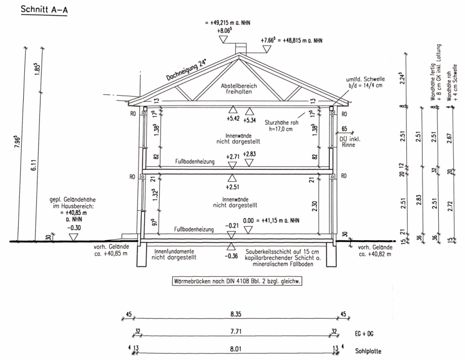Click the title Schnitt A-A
(x=44, y=10)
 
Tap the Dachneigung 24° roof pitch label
(x=185, y=70)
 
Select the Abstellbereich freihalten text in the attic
(x=239, y=89)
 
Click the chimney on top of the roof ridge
(x=240, y=49)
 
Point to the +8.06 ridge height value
(x=224, y=30)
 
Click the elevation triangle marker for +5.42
(x=233, y=110)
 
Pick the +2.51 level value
(x=232, y=187)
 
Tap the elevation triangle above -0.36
(x=231, y=246)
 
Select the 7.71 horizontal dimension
(x=236, y=331)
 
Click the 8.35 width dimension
(x=236, y=314)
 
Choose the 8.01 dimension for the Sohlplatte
(x=236, y=349)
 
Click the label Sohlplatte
(x=368, y=351)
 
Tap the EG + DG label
(x=364, y=334)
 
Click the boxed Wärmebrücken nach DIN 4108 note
(x=237, y=281)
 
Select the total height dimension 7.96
(x=17, y=142)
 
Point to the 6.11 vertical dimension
(x=34, y=165)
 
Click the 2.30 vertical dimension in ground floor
(x=315, y=206)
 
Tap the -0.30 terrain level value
(x=74, y=228)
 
